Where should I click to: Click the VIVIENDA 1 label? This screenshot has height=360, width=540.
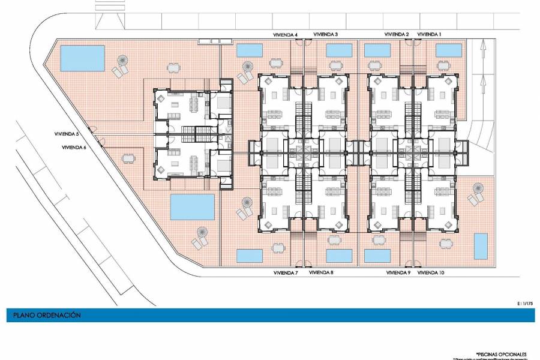pyautogui.click(x=429, y=35)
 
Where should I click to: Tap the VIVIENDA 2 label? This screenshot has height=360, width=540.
pyautogui.click(x=397, y=35)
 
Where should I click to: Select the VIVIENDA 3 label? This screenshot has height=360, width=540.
pyautogui.click(x=325, y=35)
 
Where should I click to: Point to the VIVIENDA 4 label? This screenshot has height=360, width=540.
pyautogui.click(x=286, y=35)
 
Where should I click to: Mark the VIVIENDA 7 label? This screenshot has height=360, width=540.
pyautogui.click(x=286, y=272)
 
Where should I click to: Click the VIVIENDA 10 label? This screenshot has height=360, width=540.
pyautogui.click(x=431, y=272)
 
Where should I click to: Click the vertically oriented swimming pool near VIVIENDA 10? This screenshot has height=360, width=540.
pyautogui.click(x=481, y=246)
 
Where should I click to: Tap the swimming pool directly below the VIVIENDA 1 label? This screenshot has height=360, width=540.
pyautogui.click(x=448, y=50)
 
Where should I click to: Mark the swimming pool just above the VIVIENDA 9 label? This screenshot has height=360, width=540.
pyautogui.click(x=376, y=256)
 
